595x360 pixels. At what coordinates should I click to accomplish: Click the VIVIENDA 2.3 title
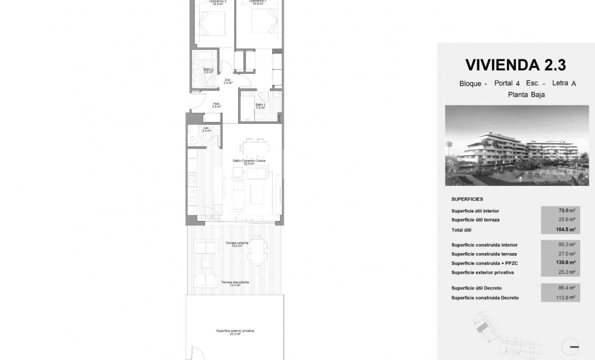click(515, 64)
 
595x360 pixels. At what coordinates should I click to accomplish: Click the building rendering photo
click(517, 146)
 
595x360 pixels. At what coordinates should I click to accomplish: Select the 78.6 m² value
click(567, 210)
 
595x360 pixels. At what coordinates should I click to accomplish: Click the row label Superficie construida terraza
click(483, 254)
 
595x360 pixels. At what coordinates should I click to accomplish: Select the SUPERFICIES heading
click(467, 199)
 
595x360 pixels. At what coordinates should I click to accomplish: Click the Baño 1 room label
click(260, 107)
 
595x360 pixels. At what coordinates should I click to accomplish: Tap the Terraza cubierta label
click(237, 244)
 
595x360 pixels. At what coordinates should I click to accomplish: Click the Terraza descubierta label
click(235, 283)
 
